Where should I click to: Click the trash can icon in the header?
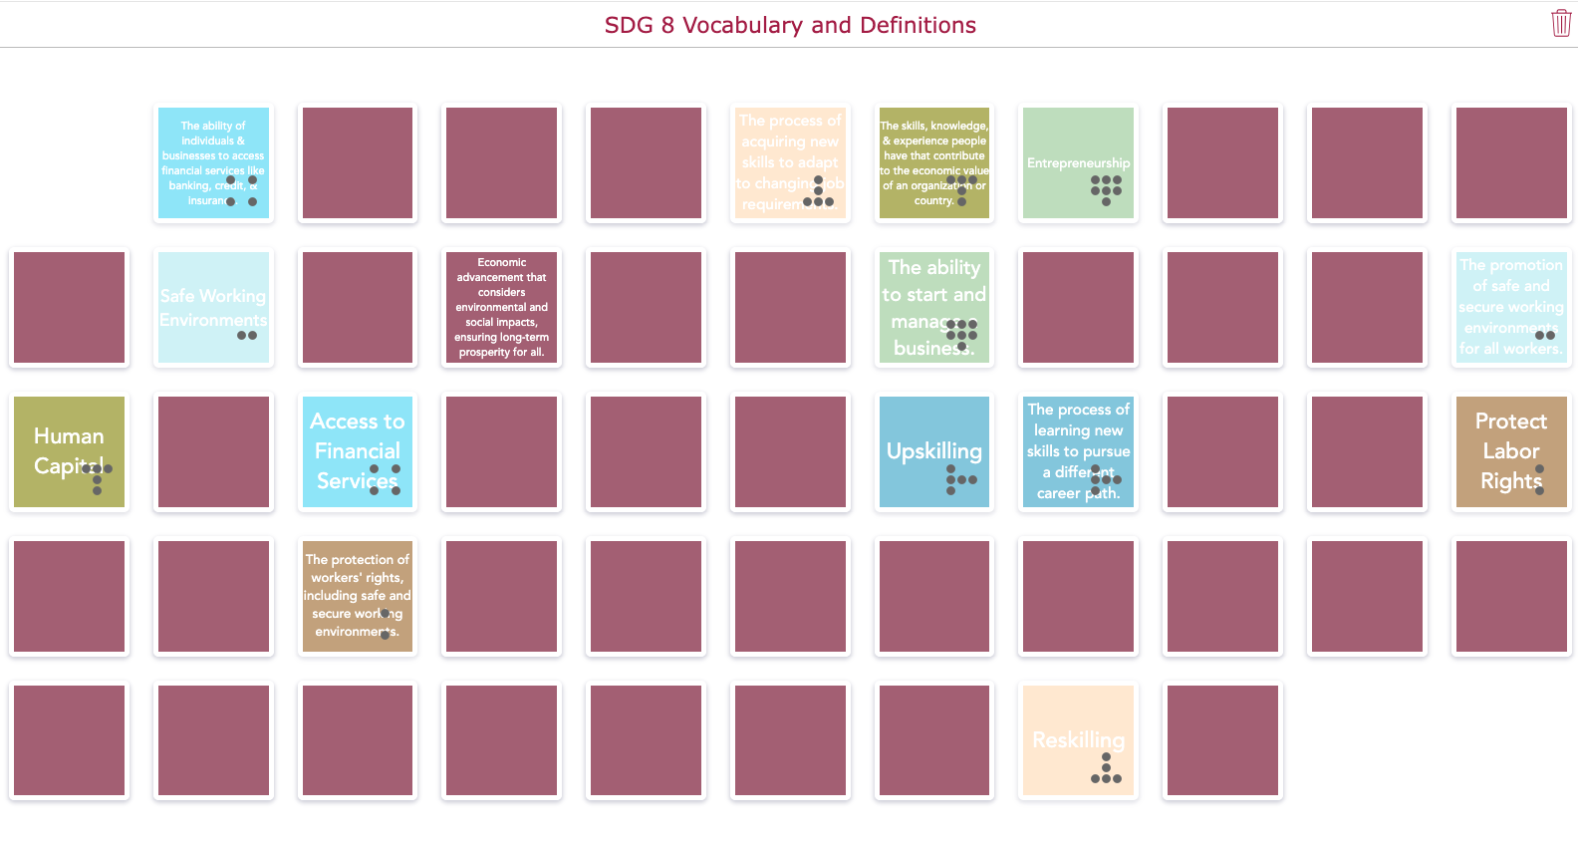coord(1560,23)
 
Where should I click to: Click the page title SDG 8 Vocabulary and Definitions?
coord(790,25)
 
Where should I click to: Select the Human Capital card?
coord(69,451)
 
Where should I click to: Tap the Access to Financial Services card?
coord(357,451)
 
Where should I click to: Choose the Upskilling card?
coord(933,451)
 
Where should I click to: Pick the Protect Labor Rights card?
coord(1510,451)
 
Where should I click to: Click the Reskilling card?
coord(1078,740)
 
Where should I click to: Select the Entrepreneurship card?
coord(1078,162)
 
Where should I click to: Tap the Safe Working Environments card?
coord(213,307)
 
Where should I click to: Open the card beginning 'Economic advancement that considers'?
coord(501,307)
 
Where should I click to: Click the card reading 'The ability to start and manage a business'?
coord(933,307)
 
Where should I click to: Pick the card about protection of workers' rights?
coord(357,596)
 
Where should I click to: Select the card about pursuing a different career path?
coord(1078,451)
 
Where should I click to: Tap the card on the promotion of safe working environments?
coord(1510,307)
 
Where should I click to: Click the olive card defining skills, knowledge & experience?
coord(933,162)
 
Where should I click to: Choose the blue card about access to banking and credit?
coord(213,162)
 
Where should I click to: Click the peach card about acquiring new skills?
coord(789,162)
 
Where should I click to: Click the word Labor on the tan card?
coord(1510,451)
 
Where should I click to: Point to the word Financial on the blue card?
coord(357,451)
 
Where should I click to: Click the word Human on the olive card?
coord(69,436)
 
